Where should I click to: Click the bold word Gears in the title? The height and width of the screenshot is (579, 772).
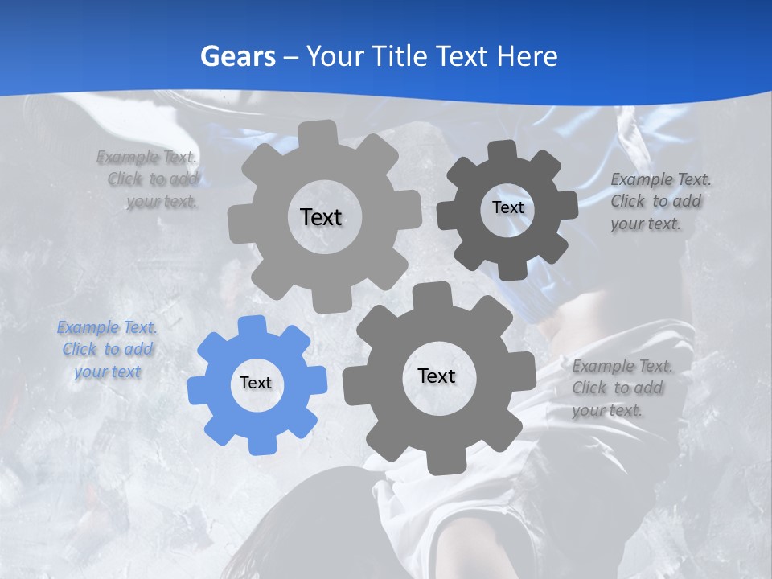tap(237, 56)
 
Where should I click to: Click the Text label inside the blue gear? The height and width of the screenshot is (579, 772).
tap(256, 384)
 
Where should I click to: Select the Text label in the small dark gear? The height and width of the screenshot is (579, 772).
tap(507, 207)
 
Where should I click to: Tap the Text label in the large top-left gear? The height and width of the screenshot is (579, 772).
tap(321, 217)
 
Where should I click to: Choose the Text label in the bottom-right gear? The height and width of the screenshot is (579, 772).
tap(437, 376)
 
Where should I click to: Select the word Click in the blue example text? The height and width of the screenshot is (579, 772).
tap(79, 350)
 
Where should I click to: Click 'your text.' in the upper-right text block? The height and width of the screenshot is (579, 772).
tap(645, 224)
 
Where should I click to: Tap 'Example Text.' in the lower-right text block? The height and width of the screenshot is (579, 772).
tap(622, 367)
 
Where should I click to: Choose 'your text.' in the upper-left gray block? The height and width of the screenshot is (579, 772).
tap(162, 202)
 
